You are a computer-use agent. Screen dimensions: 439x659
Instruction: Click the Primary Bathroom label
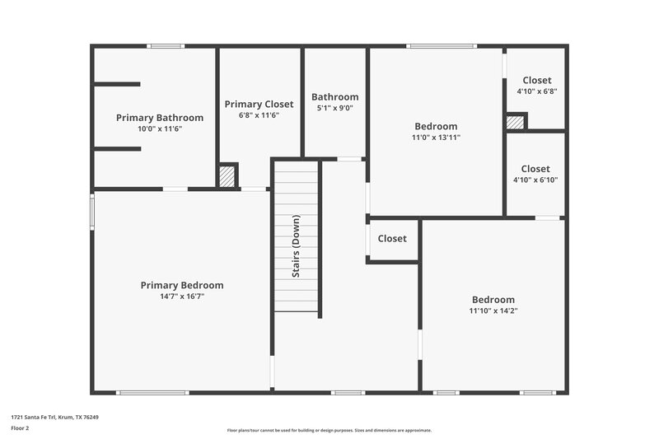pos(159,118)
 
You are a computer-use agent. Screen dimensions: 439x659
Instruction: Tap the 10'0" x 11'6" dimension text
pos(159,129)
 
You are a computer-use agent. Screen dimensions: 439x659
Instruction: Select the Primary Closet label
pos(259,104)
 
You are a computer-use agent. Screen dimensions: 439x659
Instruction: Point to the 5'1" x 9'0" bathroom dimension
pos(334,108)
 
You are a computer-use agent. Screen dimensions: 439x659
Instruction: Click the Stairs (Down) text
pos(296,245)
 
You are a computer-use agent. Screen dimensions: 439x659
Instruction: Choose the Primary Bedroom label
pos(182,285)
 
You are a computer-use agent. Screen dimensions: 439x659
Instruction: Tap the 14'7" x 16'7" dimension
pos(182,296)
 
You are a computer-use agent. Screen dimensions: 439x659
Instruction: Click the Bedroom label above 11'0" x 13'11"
pos(436,126)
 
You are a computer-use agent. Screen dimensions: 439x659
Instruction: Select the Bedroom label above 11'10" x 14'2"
pos(493,300)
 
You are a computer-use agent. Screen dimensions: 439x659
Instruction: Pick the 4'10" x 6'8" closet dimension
pos(537,91)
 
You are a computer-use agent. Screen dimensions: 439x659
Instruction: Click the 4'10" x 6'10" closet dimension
pos(535,180)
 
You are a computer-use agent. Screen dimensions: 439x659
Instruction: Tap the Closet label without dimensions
pos(392,239)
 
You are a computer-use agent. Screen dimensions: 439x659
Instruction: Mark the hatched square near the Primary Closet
pos(227,175)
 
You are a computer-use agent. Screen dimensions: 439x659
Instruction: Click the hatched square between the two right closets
pos(515,122)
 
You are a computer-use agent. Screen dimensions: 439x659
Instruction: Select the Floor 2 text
pos(20,428)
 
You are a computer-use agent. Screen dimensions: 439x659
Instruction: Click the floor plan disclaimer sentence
pos(329,430)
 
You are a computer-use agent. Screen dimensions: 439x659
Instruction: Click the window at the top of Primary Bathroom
pos(165,46)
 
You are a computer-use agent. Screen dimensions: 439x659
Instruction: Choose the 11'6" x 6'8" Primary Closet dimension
pos(259,115)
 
